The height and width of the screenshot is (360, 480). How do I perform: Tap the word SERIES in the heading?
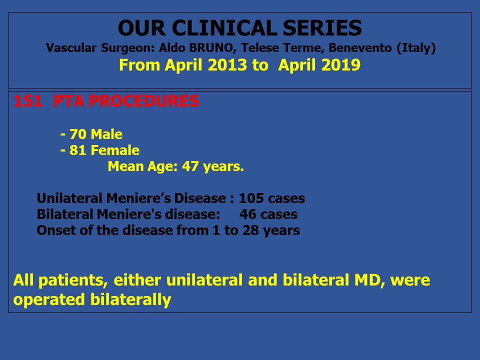322,28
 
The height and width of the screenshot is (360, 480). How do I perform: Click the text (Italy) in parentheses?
416,48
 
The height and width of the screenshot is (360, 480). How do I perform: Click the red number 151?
28,101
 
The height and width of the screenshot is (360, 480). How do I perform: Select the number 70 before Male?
78,134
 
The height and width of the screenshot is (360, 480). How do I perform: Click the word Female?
115,150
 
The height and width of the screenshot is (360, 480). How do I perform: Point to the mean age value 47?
190,166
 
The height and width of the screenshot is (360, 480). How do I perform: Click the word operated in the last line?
49,300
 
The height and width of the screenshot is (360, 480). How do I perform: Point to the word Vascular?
71,48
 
